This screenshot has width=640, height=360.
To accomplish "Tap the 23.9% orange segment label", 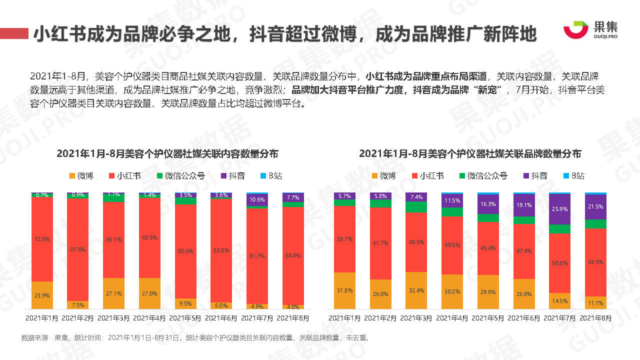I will pos(42,295).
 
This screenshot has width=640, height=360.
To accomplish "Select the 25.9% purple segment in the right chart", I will pos(560,209).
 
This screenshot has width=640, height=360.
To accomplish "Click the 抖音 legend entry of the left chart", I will pos(232,176).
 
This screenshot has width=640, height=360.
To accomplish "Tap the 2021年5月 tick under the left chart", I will pos(186,318).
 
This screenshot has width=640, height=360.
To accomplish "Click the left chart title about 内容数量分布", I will pos(167,153).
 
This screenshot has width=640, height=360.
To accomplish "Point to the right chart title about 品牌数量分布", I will pos(470,153).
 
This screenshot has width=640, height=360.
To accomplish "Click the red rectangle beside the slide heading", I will pos(14,33).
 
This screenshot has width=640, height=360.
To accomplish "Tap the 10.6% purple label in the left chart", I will pos(257,199).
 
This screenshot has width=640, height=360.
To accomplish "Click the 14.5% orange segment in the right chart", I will pos(560,301).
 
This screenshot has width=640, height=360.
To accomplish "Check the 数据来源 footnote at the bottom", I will pos(195,337).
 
